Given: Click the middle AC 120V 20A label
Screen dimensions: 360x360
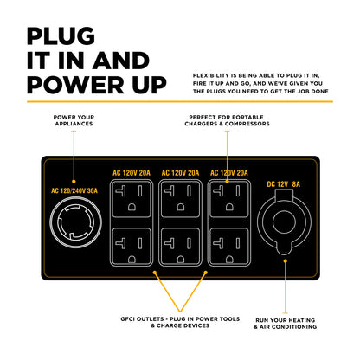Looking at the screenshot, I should click(x=180, y=170).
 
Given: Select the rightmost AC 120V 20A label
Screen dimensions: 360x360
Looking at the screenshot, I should click(x=228, y=170).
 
